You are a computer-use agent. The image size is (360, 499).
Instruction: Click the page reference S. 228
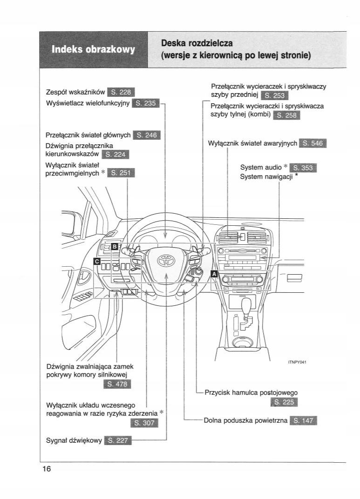click(x=121, y=92)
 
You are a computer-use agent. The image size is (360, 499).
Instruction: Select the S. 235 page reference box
click(x=146, y=103)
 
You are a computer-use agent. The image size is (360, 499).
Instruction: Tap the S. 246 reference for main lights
click(x=146, y=135)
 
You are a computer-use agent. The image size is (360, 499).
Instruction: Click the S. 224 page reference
click(x=115, y=155)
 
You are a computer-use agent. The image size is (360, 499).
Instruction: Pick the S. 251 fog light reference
click(x=121, y=173)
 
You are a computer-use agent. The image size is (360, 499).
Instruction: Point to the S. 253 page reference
click(x=275, y=96)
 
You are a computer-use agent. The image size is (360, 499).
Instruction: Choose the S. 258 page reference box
click(x=287, y=116)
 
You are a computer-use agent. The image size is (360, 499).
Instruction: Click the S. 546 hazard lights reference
click(x=313, y=143)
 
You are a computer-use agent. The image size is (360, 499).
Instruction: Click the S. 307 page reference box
click(x=145, y=423)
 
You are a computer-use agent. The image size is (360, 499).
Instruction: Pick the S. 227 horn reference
click(x=118, y=440)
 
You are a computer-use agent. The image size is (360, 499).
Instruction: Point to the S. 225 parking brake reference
click(x=285, y=403)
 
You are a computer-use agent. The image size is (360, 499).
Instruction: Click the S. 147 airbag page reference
click(x=303, y=421)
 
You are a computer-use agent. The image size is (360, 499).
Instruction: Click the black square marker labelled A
click(x=215, y=274)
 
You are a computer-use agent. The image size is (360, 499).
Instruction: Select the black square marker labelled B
click(x=115, y=247)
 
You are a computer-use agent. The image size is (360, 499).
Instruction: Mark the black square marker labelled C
click(x=97, y=261)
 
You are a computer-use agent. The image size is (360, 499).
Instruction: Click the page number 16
click(x=46, y=469)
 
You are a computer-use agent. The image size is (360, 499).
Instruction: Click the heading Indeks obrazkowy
click(x=93, y=49)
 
